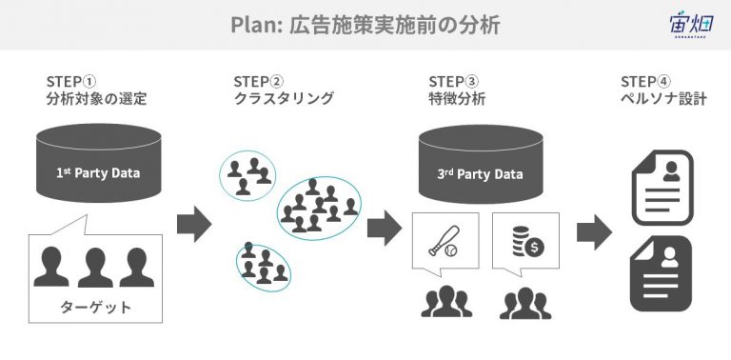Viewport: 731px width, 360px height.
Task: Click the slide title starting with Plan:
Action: (365, 25)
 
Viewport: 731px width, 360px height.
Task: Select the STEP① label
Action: (71, 81)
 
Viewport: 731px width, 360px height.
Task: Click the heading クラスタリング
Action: (284, 98)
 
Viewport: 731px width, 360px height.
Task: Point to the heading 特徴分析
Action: (457, 98)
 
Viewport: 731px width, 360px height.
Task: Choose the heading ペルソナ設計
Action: (663, 98)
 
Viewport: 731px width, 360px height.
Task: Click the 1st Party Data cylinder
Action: (99, 163)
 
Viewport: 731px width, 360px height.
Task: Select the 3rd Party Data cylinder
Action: (481, 164)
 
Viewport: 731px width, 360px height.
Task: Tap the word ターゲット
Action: (95, 308)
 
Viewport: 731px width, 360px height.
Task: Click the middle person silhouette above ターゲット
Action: (95, 268)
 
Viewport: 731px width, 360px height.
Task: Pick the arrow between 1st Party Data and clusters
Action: (194, 224)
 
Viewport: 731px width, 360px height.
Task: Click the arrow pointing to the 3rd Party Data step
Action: (385, 228)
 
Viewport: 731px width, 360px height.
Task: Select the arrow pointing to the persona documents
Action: (594, 232)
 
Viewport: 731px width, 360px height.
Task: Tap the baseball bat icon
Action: (444, 241)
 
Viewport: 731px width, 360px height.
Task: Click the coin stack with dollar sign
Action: (527, 242)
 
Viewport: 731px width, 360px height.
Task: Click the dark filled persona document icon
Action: (662, 273)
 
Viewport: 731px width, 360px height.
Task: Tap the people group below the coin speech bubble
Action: (525, 303)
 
